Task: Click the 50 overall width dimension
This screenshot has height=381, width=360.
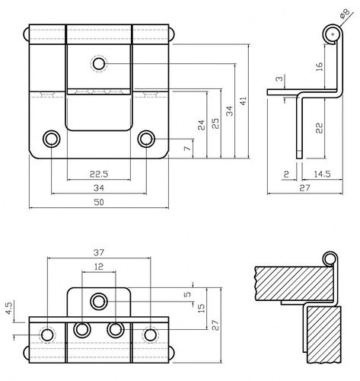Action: pyautogui.click(x=99, y=202)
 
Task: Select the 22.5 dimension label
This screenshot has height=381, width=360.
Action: pyautogui.click(x=99, y=174)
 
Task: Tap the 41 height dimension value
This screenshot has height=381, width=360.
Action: pyautogui.click(x=243, y=101)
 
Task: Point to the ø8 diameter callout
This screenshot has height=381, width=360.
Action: pyautogui.click(x=345, y=14)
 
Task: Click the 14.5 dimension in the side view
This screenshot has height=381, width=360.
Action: pyautogui.click(x=322, y=174)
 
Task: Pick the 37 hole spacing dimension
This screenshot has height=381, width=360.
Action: pyautogui.click(x=99, y=252)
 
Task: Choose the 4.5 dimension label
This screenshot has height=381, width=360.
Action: pyautogui.click(x=9, y=308)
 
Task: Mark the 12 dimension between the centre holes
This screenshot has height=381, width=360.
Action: pyautogui.click(x=99, y=267)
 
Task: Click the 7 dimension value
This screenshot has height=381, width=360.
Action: pyautogui.click(x=187, y=148)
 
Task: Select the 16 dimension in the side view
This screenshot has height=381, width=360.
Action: pyautogui.click(x=319, y=66)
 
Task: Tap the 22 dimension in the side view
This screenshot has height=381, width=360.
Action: pyautogui.click(x=319, y=128)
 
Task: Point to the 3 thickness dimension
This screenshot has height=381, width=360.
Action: pyautogui.click(x=279, y=78)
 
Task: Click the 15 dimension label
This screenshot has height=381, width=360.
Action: pyautogui.click(x=201, y=308)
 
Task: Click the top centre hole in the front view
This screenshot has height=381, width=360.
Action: pyautogui.click(x=99, y=63)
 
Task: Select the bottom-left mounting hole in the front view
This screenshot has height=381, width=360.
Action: pyautogui.click(x=52, y=139)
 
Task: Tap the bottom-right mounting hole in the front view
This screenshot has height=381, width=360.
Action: pyautogui.click(x=146, y=139)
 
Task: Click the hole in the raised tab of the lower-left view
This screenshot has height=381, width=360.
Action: pyautogui.click(x=99, y=302)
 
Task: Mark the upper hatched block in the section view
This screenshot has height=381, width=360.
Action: pyautogui.click(x=295, y=283)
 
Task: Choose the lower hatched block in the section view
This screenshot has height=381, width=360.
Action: pyautogui.click(x=324, y=335)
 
